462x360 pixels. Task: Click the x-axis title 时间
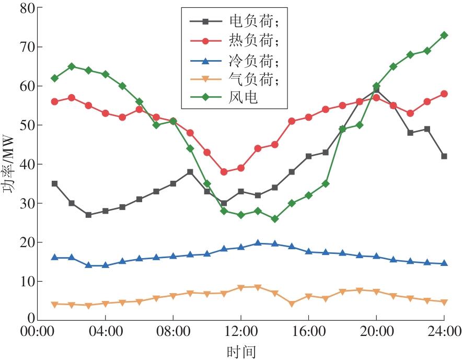241,351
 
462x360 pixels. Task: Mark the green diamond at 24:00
444,36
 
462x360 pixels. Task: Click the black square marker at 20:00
376,90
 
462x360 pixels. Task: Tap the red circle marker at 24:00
444,94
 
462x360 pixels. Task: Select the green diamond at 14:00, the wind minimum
275,219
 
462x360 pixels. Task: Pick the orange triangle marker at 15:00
292,304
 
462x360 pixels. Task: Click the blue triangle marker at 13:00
258,243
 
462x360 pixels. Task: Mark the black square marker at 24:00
444,156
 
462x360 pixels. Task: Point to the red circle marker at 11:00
224,172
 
